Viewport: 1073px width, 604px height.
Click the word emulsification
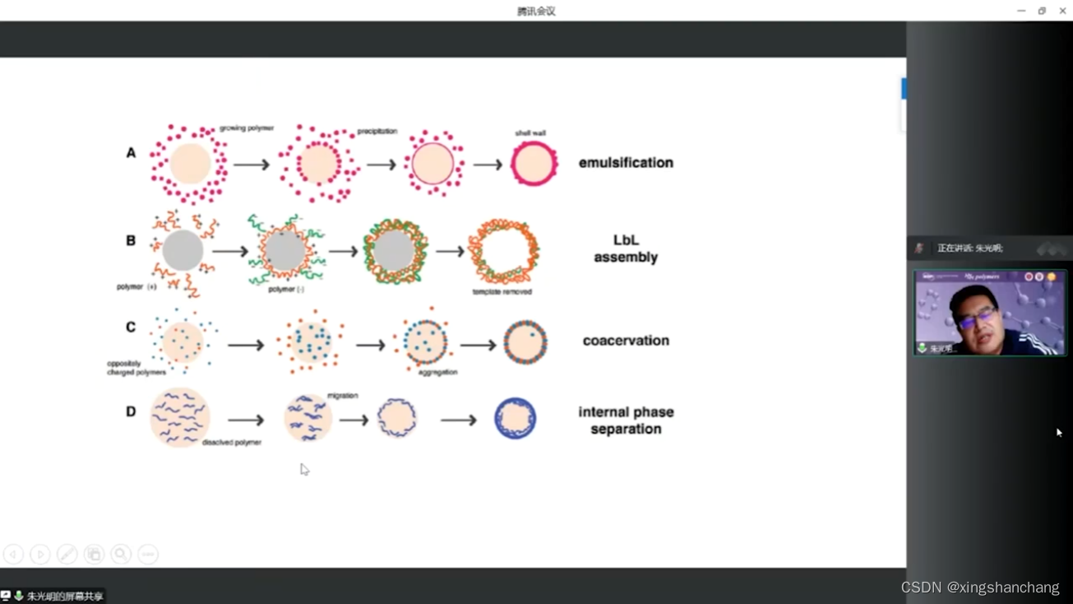click(626, 163)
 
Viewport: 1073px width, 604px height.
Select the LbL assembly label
click(626, 249)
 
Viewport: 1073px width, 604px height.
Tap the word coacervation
click(626, 341)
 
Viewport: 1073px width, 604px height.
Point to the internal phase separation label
click(626, 420)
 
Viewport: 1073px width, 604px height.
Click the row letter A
click(131, 153)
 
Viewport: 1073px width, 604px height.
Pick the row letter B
click(131, 241)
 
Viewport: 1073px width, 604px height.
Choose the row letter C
click(131, 328)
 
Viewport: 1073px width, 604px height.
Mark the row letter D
click(131, 411)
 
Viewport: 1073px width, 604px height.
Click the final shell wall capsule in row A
click(534, 164)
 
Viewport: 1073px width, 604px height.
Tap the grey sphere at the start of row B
click(183, 251)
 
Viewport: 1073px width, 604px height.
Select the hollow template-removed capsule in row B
click(504, 252)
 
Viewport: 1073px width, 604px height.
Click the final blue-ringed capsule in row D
click(516, 419)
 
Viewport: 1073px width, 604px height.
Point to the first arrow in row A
click(252, 165)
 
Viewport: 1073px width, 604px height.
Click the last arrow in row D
click(459, 420)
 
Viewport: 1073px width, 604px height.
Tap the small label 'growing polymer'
click(247, 128)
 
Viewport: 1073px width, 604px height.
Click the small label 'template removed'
click(502, 292)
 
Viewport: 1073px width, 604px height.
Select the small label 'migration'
click(342, 396)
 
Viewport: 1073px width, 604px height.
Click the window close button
click(1062, 11)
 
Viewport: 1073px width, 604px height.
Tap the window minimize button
click(1021, 11)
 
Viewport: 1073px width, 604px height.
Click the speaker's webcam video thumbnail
click(990, 314)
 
